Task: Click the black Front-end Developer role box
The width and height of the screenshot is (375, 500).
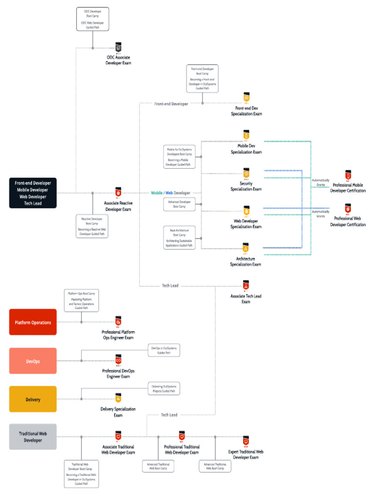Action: (33, 193)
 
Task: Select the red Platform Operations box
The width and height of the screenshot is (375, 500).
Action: (33, 322)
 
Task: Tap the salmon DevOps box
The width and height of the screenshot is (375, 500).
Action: (33, 361)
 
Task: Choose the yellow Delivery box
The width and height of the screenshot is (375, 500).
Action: (33, 399)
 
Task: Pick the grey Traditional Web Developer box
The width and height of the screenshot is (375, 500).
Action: (33, 437)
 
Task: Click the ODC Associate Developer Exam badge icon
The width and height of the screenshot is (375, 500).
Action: (118, 47)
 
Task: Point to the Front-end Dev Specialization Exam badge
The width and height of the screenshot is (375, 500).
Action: (247, 97)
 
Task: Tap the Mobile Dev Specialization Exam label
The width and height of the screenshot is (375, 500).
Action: (246, 149)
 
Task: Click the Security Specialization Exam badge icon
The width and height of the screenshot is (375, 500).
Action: (247, 173)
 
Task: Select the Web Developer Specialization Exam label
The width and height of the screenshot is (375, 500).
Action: (246, 224)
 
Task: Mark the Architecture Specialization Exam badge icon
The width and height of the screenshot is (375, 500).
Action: (246, 248)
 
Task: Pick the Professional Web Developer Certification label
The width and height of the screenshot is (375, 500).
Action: (348, 222)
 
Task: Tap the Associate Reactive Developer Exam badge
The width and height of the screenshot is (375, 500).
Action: (118, 192)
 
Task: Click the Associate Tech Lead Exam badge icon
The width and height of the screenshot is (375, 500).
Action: (246, 285)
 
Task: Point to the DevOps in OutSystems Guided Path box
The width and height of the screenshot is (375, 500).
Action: (164, 350)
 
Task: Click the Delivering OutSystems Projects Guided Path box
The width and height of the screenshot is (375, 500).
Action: (164, 389)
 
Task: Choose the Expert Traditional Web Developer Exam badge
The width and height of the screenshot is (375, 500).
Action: (246, 440)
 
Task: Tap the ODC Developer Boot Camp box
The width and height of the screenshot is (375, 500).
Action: (93, 19)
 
